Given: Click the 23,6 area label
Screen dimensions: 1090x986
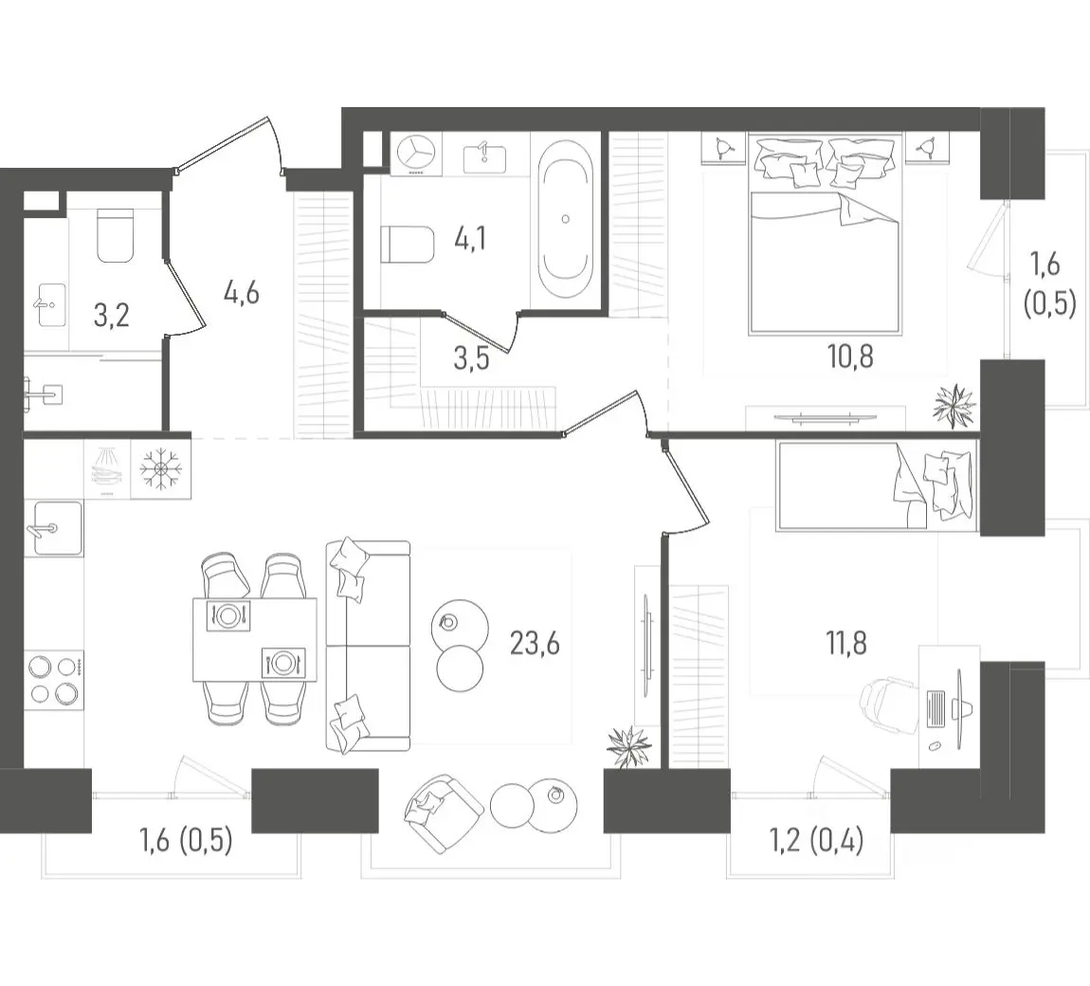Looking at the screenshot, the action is point(535,645).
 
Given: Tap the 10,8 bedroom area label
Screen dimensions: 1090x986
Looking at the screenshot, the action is point(850,356).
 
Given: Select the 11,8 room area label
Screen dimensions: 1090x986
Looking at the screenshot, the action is point(846,643).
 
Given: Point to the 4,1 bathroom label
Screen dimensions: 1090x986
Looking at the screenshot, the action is point(471,239).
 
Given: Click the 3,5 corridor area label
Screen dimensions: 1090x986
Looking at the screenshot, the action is point(471,358).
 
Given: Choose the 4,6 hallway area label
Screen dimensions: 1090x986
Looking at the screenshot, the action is point(241,294).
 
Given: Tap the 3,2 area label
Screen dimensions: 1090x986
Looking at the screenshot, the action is point(111,316).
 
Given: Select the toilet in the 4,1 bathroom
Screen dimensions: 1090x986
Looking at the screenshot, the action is point(408,244).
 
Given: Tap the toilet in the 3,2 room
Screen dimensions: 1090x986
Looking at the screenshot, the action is point(116,236).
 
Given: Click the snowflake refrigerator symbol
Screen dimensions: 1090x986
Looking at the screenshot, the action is point(160,468).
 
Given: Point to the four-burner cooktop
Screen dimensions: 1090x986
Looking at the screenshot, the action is point(53,680).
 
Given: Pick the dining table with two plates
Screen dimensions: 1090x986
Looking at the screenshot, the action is point(254,639).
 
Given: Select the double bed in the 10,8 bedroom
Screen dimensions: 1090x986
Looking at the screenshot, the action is point(825,236).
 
